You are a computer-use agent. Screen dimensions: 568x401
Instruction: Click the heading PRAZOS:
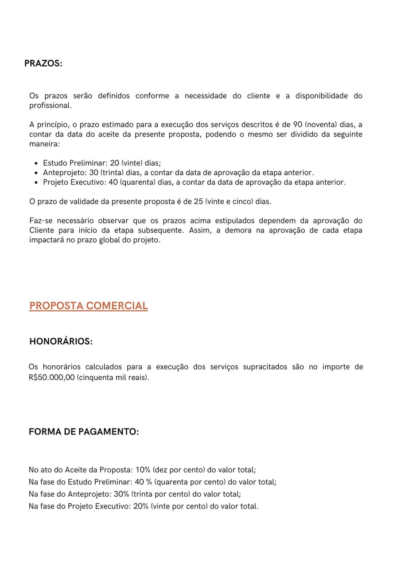coord(43,63)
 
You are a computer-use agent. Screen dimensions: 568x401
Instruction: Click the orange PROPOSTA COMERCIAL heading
coord(88,306)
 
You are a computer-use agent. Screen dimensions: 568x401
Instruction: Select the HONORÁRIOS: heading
coord(61,342)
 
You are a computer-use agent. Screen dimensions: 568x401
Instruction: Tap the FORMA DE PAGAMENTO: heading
coord(84,432)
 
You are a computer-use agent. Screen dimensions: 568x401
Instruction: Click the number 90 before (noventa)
coord(298,125)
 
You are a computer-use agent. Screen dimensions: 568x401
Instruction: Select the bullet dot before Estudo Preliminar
coord(36,163)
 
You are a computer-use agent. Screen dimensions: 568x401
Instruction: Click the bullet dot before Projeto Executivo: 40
coord(36,182)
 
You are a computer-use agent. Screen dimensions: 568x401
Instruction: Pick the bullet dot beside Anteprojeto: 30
coord(36,173)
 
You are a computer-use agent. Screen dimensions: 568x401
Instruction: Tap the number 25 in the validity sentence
coord(199,201)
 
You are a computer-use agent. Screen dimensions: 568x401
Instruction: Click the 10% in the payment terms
coord(143,469)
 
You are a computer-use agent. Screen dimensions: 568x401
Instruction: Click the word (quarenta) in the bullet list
coord(135,182)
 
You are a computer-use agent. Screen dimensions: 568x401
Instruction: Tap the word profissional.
coord(50,106)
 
